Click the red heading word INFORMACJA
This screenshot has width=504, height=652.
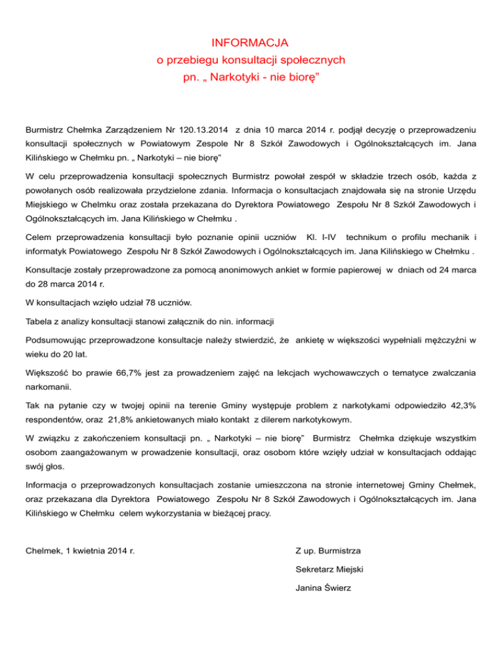click(251, 43)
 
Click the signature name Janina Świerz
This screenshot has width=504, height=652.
click(324, 588)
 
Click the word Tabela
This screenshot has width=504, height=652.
click(39, 321)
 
